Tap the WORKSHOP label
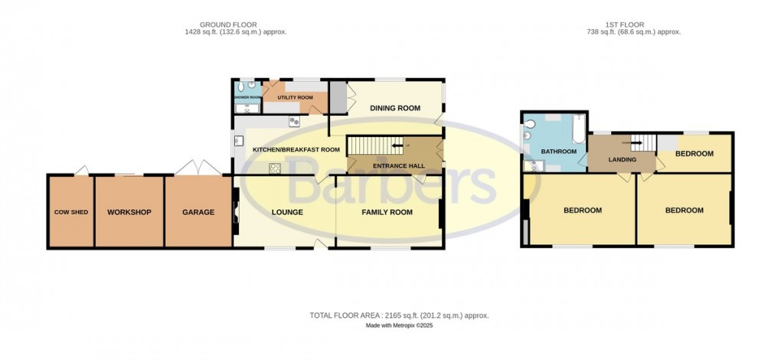[x=129, y=212]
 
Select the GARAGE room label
[x=198, y=212]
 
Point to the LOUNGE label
[x=287, y=212]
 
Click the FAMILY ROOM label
[x=387, y=212]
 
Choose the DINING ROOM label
[x=395, y=108]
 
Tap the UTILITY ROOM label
[x=296, y=98]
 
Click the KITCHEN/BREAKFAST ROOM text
[x=296, y=150]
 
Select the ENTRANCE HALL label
[x=393, y=165]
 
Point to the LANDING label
[x=621, y=159]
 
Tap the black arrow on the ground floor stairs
[x=397, y=144]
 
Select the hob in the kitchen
[x=274, y=169]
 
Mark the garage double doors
[x=197, y=167]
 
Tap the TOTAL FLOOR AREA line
[x=399, y=316]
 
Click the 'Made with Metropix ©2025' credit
[x=399, y=326]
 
